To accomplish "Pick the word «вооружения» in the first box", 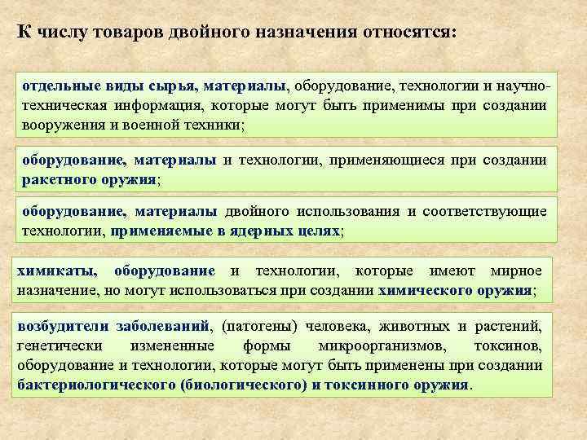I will click(x=58, y=125).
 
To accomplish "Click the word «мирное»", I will click(x=516, y=271).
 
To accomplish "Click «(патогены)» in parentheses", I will click(x=255, y=326).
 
